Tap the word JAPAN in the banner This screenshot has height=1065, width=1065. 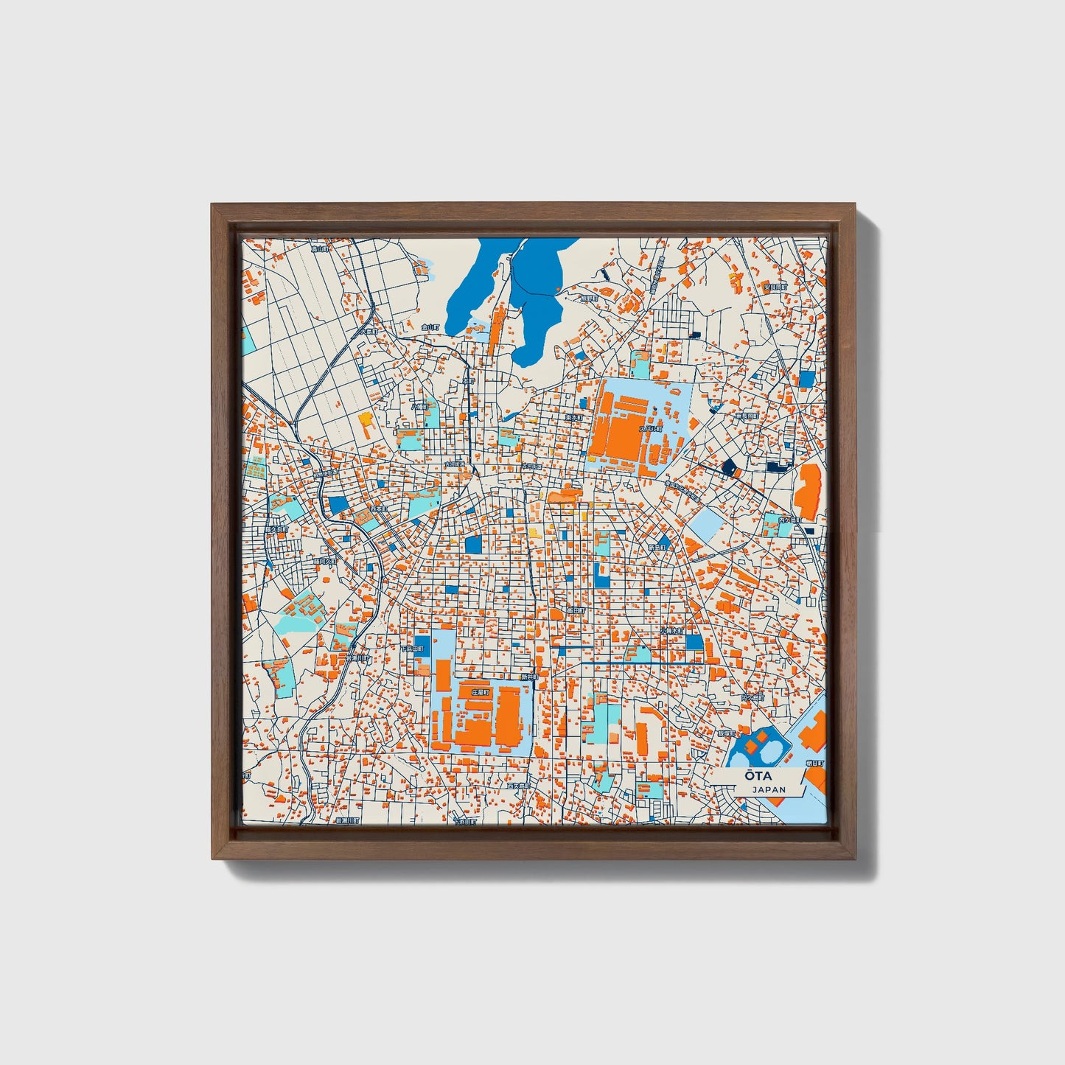click(x=769, y=789)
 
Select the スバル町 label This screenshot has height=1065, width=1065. click(x=651, y=428)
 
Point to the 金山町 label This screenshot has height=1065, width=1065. click(x=430, y=327)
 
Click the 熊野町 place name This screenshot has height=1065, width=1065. click(x=588, y=298)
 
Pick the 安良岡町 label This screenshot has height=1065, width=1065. click(x=775, y=287)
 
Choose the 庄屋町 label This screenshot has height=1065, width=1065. click(x=481, y=693)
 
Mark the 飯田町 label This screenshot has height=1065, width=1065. click(x=576, y=610)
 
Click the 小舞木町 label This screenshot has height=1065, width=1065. click(x=672, y=631)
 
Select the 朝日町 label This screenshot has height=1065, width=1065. click(x=817, y=764)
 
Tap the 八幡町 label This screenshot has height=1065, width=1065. click(x=419, y=406)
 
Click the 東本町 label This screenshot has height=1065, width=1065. click(x=574, y=417)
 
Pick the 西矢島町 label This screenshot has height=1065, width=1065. click(x=519, y=786)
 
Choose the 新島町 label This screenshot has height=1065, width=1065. click(x=657, y=548)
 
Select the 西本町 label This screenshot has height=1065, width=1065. click(x=378, y=509)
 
